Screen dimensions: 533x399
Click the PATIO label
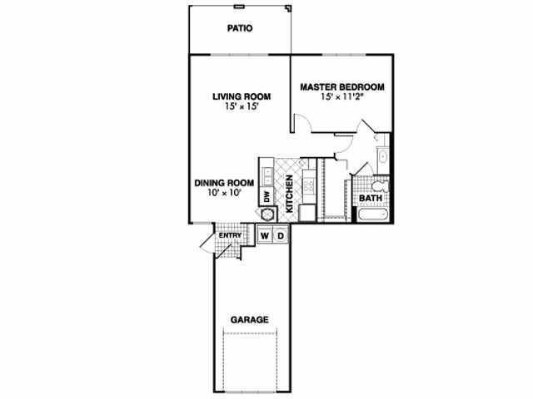coord(240,28)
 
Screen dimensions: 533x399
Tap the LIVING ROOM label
coord(242,96)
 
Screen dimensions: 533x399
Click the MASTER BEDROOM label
coord(342,87)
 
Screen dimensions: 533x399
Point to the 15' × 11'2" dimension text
coord(342,97)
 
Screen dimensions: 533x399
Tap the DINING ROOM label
coord(224,183)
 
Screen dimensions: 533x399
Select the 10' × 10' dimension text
coord(224,193)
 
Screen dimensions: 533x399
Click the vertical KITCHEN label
coord(289,194)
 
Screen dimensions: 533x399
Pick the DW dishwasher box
coord(266,196)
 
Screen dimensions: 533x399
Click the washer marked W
coord(265,235)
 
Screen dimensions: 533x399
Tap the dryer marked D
coord(281,235)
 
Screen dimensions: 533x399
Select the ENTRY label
coord(230,235)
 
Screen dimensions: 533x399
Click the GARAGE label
coord(250,320)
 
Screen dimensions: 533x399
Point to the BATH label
coord(371,199)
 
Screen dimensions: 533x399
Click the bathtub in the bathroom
coord(373,214)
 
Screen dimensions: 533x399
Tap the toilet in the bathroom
coord(380,186)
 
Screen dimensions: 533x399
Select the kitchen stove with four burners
coord(309,186)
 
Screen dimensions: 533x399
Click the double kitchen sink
coord(266,176)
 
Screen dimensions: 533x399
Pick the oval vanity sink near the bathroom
coord(383,156)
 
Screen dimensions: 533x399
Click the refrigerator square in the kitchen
coord(307,213)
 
